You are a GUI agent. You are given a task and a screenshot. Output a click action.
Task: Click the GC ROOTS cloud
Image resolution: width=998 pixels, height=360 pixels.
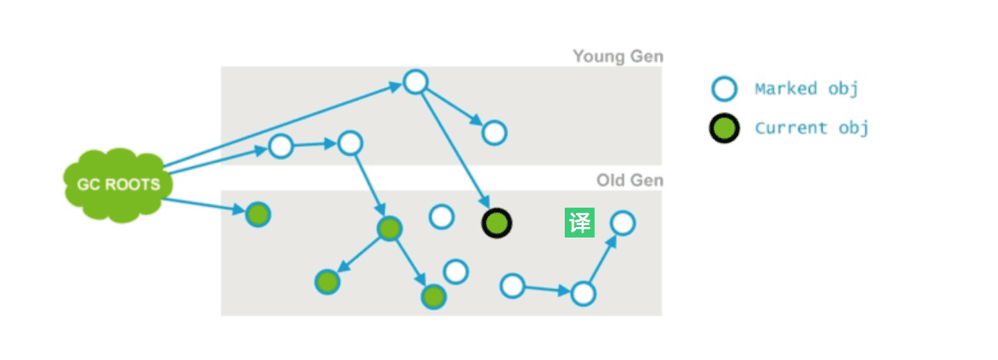tap(116, 183)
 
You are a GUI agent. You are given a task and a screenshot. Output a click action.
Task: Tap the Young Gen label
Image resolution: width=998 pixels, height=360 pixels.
tap(618, 57)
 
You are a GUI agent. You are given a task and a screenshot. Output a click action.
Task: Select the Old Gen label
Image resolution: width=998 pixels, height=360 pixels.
tap(629, 181)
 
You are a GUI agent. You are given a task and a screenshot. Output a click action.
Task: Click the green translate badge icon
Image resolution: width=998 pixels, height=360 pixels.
tap(580, 223)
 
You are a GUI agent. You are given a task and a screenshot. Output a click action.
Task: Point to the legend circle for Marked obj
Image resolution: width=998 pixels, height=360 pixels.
tap(724, 89)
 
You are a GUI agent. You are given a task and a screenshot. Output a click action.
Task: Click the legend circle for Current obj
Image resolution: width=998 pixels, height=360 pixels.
tap(724, 128)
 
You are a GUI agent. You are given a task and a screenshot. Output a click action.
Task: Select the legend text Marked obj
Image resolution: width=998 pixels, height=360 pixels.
tap(806, 89)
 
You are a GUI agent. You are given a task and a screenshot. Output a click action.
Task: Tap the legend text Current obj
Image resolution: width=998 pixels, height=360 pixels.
tap(811, 128)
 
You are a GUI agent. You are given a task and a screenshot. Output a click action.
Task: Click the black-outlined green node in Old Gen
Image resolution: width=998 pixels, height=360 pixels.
tap(496, 223)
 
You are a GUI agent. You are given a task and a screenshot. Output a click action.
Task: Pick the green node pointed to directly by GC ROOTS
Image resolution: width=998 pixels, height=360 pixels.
tap(258, 215)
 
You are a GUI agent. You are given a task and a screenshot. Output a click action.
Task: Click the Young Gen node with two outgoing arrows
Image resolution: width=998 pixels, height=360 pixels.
tap(415, 81)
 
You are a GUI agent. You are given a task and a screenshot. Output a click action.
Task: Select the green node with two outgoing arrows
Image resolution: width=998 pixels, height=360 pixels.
tap(389, 229)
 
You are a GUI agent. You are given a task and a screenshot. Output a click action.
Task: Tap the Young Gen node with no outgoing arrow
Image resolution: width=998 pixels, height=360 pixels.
tap(494, 133)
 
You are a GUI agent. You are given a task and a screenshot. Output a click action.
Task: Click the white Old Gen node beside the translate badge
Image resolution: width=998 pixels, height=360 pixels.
tap(622, 223)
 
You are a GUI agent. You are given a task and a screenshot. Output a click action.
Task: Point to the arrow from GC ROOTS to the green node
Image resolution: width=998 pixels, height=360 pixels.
tap(205, 206)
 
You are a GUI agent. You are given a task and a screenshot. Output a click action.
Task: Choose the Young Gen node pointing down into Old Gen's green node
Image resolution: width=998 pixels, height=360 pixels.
tap(350, 143)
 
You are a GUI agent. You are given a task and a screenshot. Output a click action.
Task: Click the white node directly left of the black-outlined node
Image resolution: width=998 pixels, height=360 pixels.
tap(441, 217)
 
